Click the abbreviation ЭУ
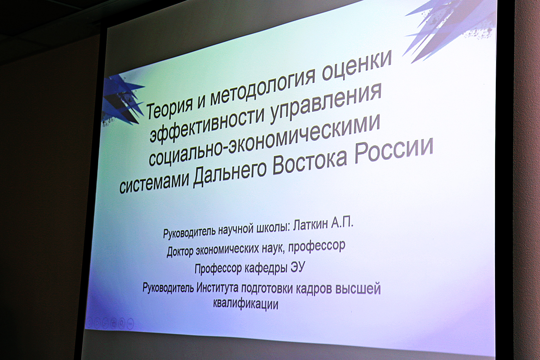tap(298, 266)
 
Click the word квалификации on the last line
tap(246, 304)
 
